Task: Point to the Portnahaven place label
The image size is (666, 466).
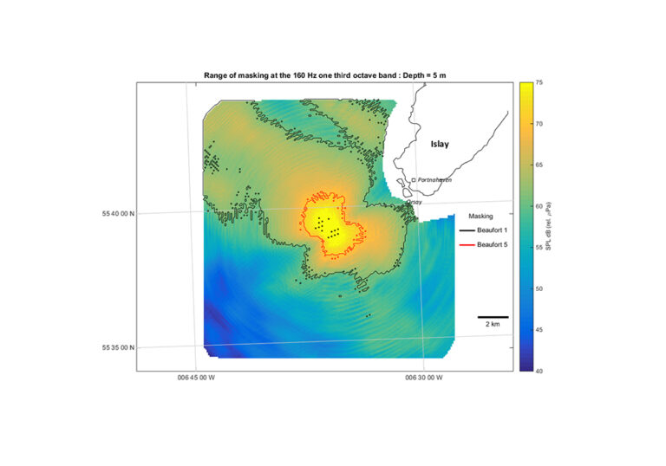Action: pyautogui.click(x=434, y=179)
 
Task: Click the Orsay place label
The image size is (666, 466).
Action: pyautogui.click(x=414, y=202)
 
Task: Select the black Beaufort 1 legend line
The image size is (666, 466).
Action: pyautogui.click(x=468, y=230)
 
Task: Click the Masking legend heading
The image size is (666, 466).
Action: pyautogui.click(x=480, y=216)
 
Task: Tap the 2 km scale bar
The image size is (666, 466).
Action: pyautogui.click(x=493, y=317)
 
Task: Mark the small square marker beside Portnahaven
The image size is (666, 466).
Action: pyautogui.click(x=414, y=179)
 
